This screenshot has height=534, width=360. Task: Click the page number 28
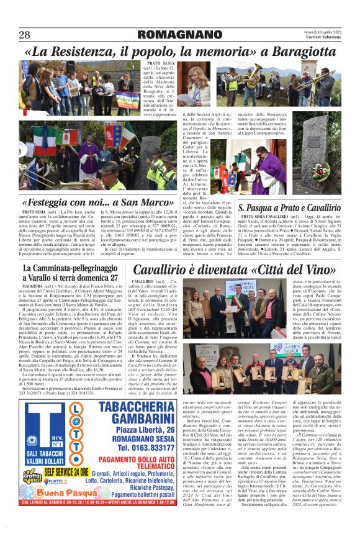tap(24, 35)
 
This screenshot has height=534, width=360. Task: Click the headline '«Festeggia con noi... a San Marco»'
tap(98, 202)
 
